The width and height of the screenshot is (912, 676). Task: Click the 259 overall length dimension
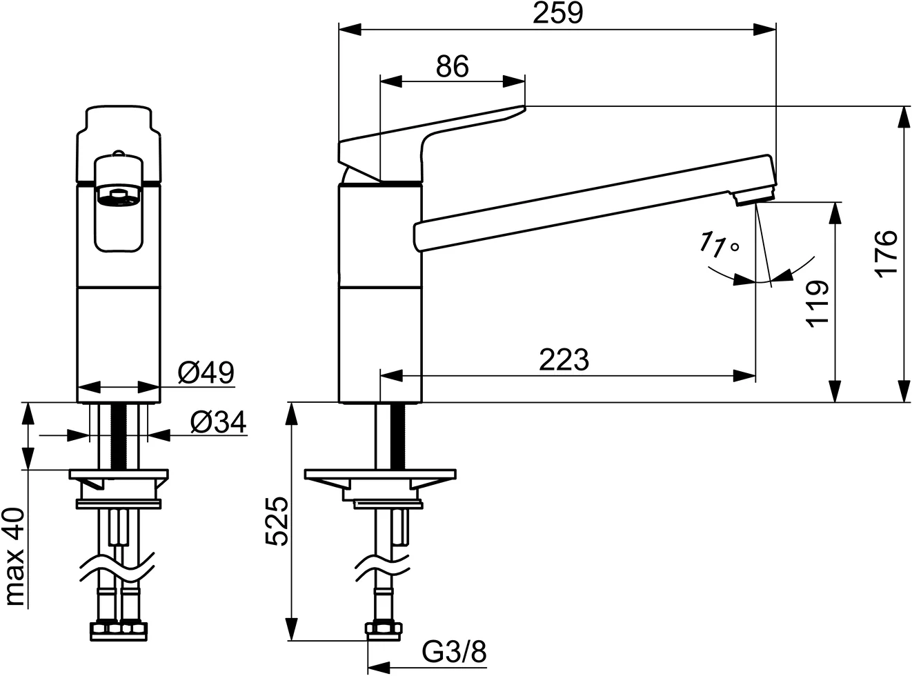[x=558, y=14]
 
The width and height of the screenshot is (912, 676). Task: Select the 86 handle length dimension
[x=453, y=66]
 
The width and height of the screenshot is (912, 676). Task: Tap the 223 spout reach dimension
[x=564, y=359]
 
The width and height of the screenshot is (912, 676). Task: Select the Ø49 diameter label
[x=206, y=373]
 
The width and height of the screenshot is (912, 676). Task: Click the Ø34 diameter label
[x=217, y=422]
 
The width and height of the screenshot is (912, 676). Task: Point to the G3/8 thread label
[x=454, y=650]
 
